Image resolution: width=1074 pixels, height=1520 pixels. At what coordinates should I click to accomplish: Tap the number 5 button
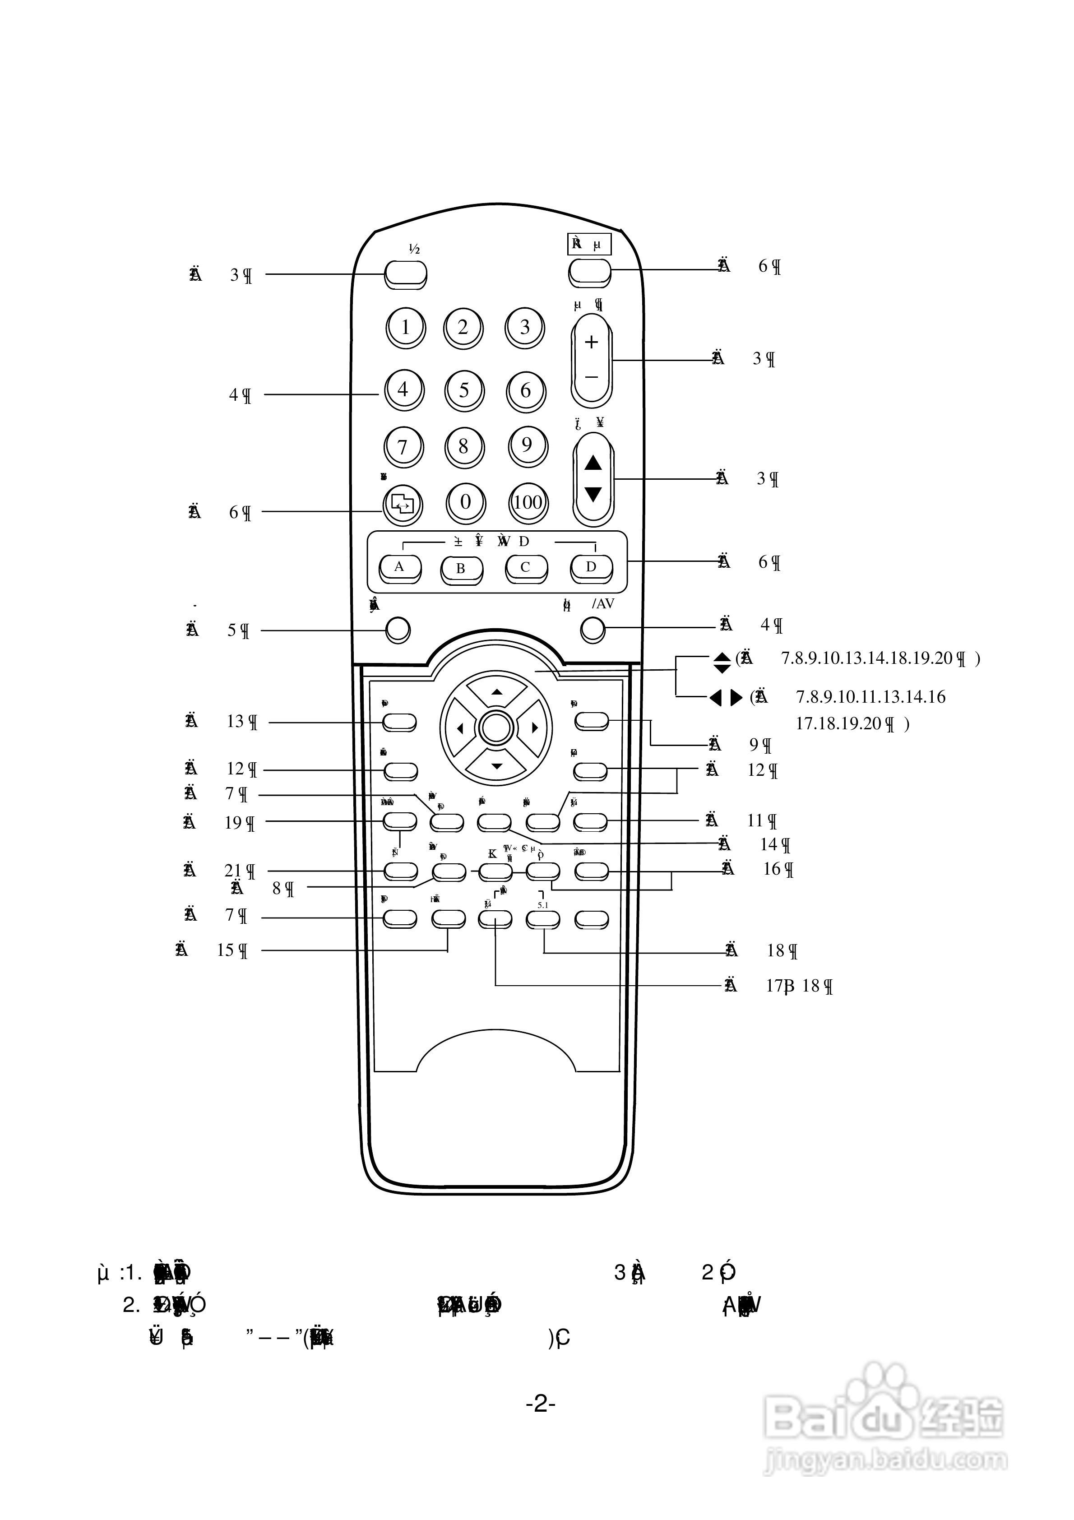click(464, 390)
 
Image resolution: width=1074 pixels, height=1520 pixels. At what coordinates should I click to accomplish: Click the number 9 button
click(527, 445)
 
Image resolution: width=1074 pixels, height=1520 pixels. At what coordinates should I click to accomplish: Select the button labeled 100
click(528, 502)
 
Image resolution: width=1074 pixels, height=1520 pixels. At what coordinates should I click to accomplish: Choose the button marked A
click(399, 567)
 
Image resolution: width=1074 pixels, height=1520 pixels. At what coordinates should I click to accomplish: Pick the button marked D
click(591, 567)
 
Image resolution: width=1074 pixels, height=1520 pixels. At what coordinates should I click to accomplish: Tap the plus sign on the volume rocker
click(591, 342)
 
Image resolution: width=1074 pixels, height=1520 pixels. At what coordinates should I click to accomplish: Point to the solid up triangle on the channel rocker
click(593, 463)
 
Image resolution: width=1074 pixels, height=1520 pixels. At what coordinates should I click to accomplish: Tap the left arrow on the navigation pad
click(459, 729)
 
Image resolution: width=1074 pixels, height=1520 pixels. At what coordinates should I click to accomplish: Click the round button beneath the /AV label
click(593, 630)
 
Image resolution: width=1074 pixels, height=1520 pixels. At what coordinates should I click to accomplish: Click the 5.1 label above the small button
click(542, 904)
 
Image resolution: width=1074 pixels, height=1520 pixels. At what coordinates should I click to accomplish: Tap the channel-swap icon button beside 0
click(402, 504)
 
